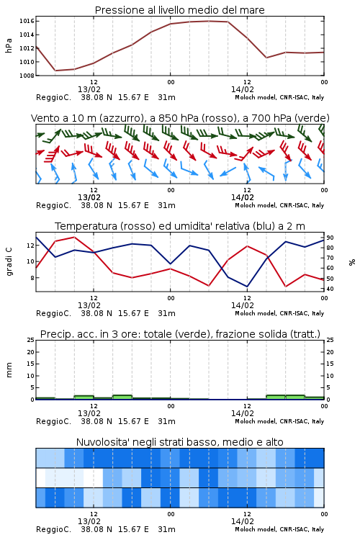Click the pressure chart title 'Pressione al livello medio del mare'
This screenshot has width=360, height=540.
(x=179, y=10)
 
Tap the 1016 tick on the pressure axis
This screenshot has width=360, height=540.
(x=27, y=22)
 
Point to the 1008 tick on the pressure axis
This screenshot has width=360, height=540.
(x=27, y=76)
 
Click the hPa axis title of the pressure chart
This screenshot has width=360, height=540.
(x=9, y=45)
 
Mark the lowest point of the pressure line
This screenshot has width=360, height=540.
(x=55, y=71)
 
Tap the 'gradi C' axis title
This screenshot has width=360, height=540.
(x=9, y=261)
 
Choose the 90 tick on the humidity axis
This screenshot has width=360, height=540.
(x=330, y=238)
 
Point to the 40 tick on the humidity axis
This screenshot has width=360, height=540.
(x=330, y=289)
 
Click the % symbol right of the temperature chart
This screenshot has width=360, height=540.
(x=352, y=262)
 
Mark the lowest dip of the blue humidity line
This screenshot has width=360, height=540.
(x=247, y=287)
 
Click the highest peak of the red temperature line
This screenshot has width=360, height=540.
(x=74, y=237)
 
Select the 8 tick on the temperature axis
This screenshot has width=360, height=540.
(x=32, y=278)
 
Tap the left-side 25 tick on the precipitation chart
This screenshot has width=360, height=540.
(x=31, y=340)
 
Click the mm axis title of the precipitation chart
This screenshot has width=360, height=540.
(x=9, y=370)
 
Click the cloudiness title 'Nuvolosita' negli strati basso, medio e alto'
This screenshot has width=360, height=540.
(x=179, y=442)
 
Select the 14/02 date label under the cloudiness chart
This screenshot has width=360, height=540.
(x=242, y=521)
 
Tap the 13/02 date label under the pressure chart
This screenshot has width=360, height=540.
(x=89, y=89)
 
